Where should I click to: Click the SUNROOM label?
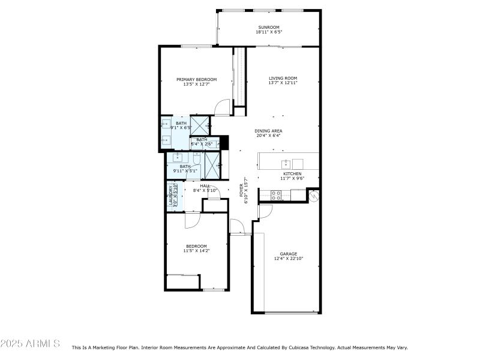point(269,27)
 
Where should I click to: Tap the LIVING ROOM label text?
point(283,78)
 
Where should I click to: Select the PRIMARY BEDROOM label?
point(196,79)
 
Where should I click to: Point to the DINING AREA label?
point(268,131)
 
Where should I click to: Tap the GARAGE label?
point(289,254)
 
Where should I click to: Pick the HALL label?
point(205,186)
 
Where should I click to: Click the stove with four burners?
point(277,194)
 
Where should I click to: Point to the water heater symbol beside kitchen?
point(314,195)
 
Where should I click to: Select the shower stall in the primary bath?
point(199,125)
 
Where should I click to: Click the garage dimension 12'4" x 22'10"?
point(289,259)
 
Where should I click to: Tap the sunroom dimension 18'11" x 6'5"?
point(269,32)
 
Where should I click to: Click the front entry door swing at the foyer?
point(237,227)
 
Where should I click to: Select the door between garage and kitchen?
point(265,211)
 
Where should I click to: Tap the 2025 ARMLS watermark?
point(30,344)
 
